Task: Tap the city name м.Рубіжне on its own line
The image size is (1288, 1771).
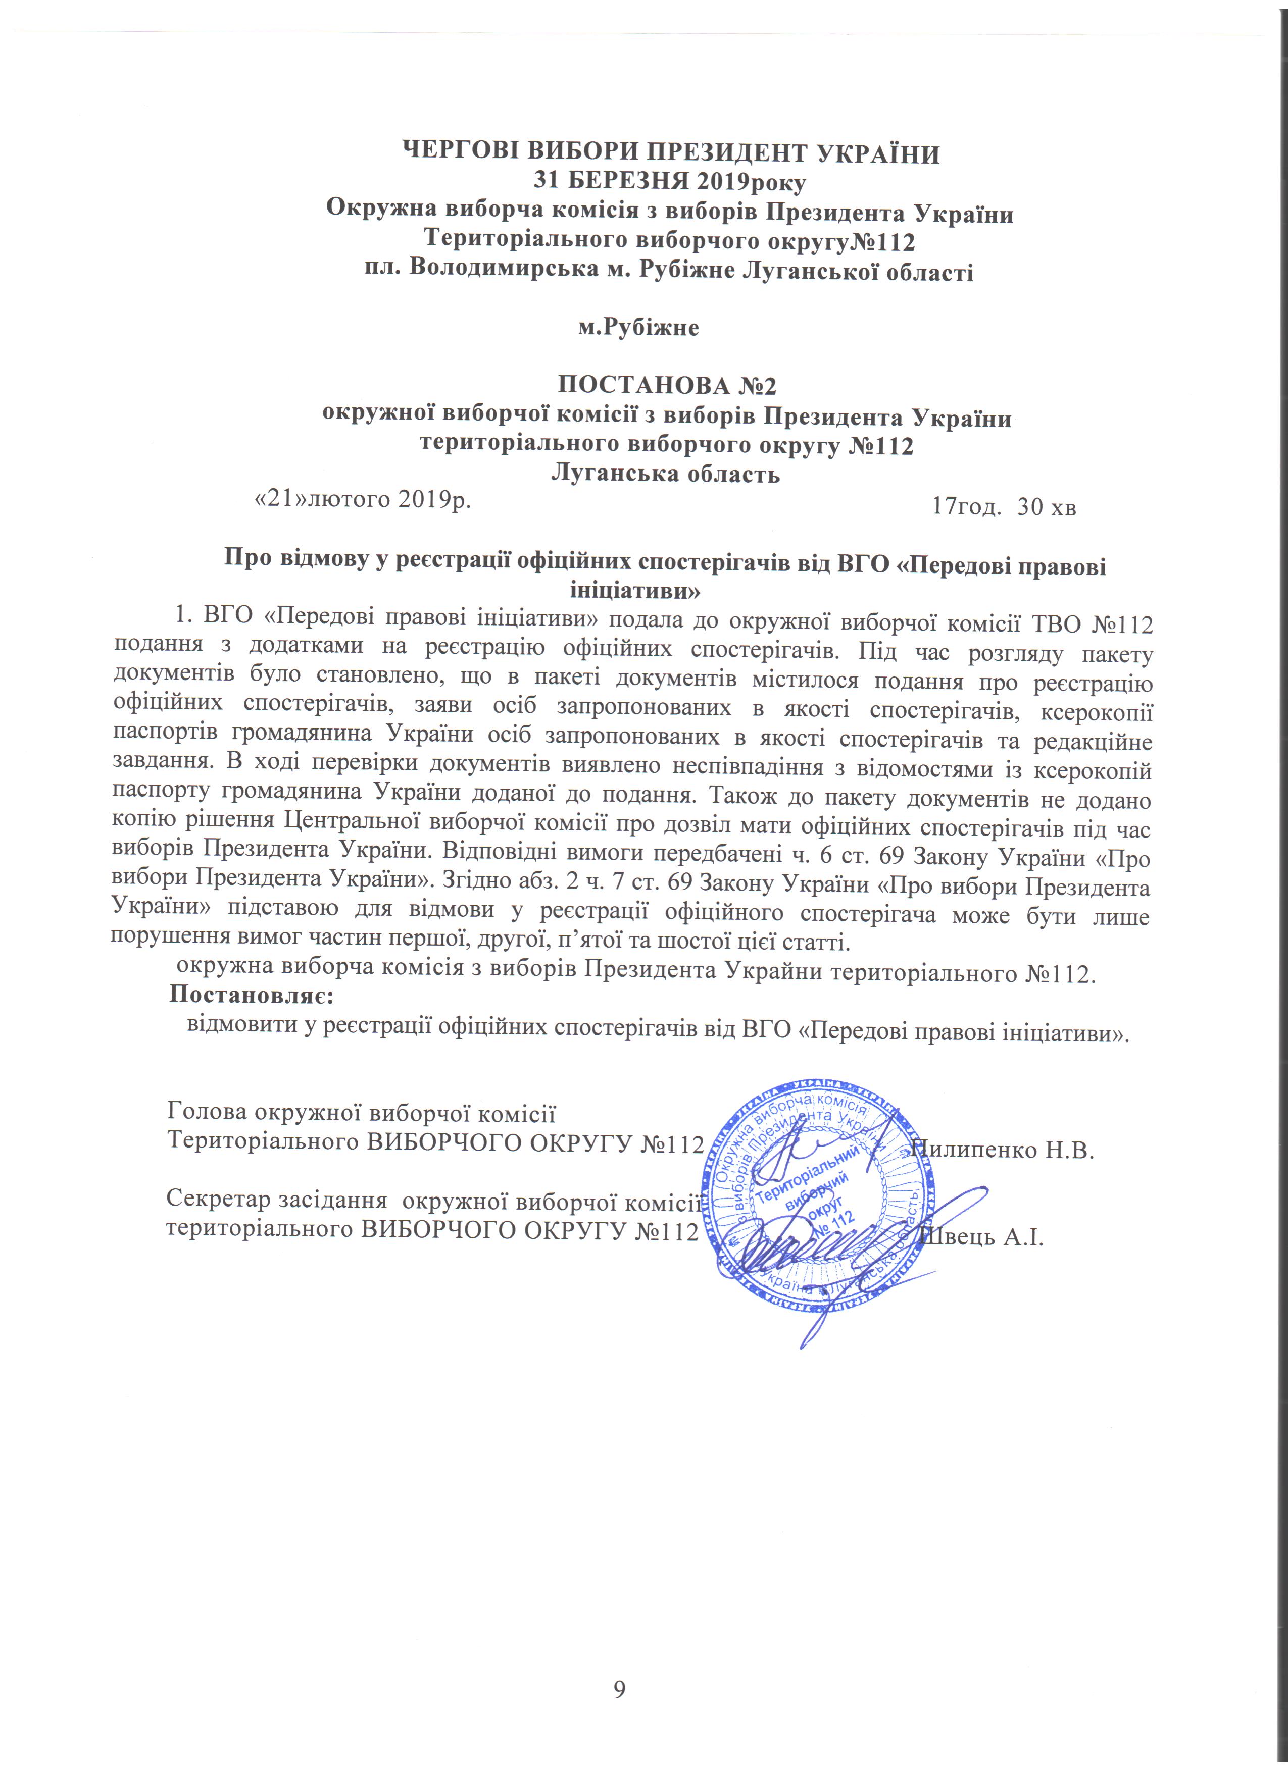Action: click(638, 327)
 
